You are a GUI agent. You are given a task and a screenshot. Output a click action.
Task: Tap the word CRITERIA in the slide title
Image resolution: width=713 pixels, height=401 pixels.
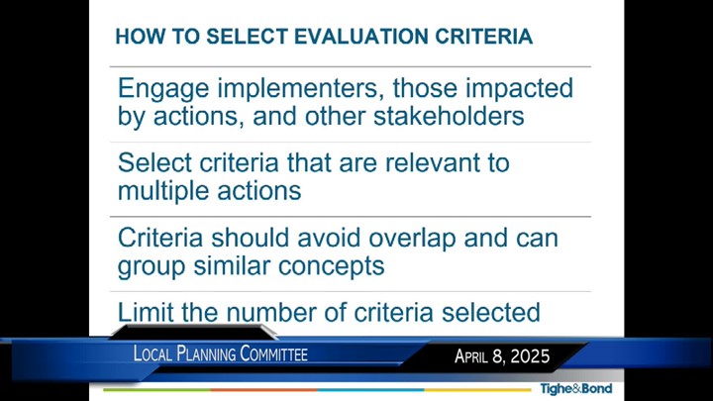[x=484, y=37]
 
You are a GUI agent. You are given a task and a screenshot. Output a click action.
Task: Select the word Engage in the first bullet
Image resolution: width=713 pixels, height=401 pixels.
[x=163, y=89]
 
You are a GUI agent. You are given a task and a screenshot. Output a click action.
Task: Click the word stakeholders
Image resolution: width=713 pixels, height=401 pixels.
[x=449, y=116]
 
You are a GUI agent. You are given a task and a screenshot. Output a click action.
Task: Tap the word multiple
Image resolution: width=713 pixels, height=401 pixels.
[x=163, y=192]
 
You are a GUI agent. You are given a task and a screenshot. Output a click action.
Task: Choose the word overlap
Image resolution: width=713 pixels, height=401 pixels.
[x=412, y=240]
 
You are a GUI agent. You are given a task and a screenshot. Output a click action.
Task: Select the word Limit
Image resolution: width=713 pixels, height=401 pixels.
[x=146, y=313]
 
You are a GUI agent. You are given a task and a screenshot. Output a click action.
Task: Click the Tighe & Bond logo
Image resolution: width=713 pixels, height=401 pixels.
[x=576, y=389]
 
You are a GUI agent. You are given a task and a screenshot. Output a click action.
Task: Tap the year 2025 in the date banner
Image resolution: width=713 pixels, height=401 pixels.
[x=530, y=356]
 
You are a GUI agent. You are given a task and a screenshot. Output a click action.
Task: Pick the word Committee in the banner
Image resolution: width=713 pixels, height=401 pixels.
[x=273, y=353]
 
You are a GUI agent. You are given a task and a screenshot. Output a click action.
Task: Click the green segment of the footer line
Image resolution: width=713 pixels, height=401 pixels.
[x=156, y=390]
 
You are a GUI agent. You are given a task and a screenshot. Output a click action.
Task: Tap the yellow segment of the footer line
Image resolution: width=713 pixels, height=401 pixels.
[x=478, y=390]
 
